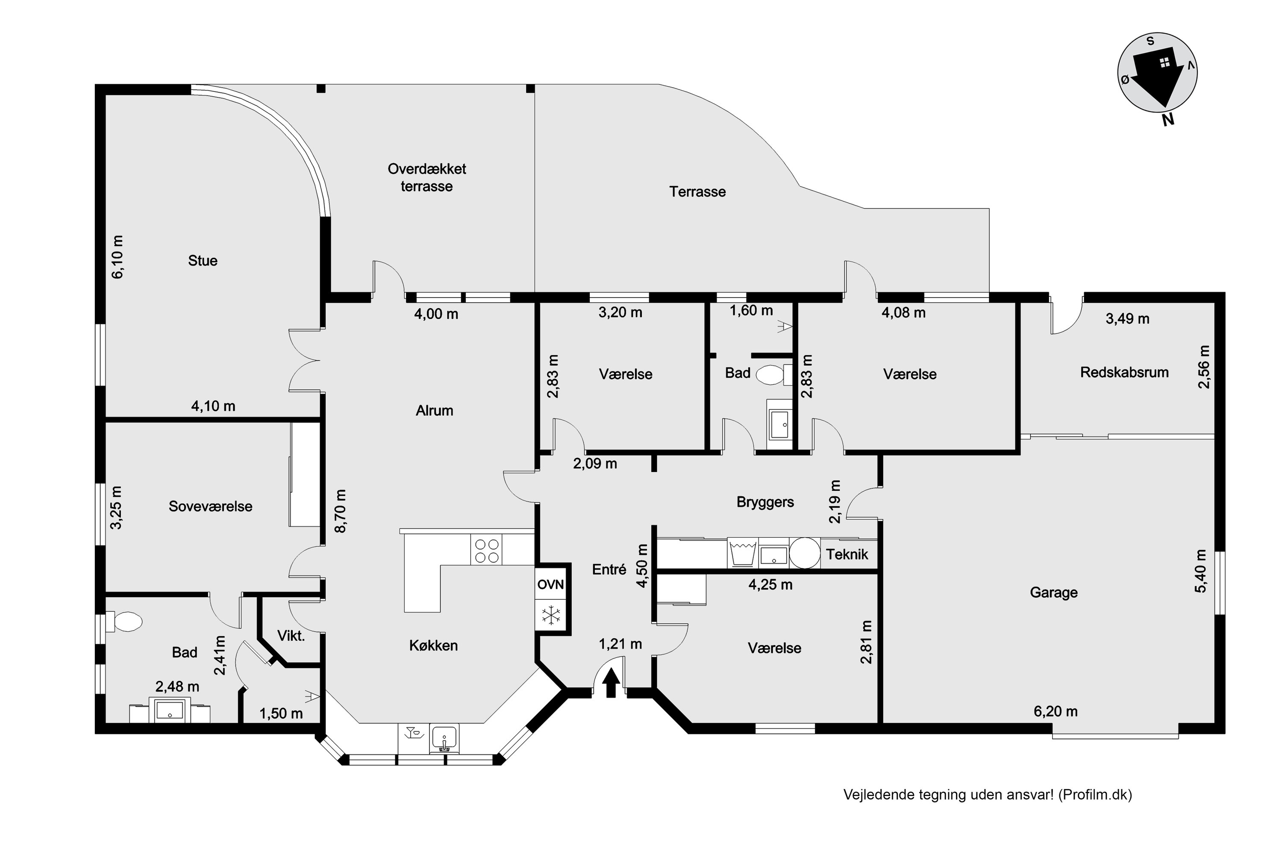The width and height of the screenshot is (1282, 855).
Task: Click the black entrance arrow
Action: coord(611,684)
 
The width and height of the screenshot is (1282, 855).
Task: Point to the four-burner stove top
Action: coord(486,550)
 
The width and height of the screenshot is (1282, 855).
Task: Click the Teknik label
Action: coord(847,554)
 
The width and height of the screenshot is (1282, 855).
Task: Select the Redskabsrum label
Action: coord(1124,372)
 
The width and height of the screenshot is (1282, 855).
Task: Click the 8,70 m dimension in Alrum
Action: coord(341,511)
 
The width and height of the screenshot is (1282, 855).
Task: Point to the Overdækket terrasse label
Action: coord(427,178)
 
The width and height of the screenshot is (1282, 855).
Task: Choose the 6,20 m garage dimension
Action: coord(1056,711)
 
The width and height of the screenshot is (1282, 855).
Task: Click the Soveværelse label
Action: coord(210,507)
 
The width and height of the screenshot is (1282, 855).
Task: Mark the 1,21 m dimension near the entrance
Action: coord(620,644)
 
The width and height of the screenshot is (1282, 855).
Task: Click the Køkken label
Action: coord(433,646)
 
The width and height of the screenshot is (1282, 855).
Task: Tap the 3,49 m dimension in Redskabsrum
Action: coord(1127,318)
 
